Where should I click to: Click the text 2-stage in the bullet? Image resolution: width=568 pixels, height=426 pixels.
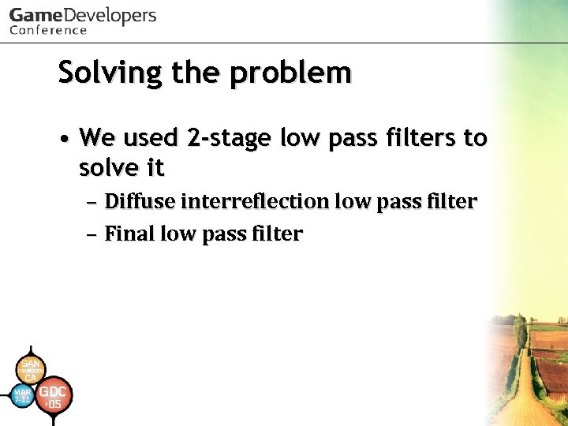point(226,138)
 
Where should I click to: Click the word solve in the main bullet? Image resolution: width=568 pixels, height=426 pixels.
point(111,167)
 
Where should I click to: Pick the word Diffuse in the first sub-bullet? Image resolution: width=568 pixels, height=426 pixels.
point(139,202)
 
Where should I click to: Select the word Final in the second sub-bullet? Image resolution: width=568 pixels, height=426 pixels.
point(129,234)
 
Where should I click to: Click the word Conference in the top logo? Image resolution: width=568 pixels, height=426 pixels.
point(48,31)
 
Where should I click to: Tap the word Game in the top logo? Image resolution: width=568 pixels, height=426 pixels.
point(35,16)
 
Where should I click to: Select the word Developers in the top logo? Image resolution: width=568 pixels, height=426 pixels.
point(110,16)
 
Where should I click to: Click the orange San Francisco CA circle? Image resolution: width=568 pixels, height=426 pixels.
point(30,369)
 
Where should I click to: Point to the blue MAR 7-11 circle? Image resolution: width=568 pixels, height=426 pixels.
point(23,394)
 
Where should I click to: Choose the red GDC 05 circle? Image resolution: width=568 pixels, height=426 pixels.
point(53,397)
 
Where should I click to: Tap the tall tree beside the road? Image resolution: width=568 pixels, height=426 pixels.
point(520,331)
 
